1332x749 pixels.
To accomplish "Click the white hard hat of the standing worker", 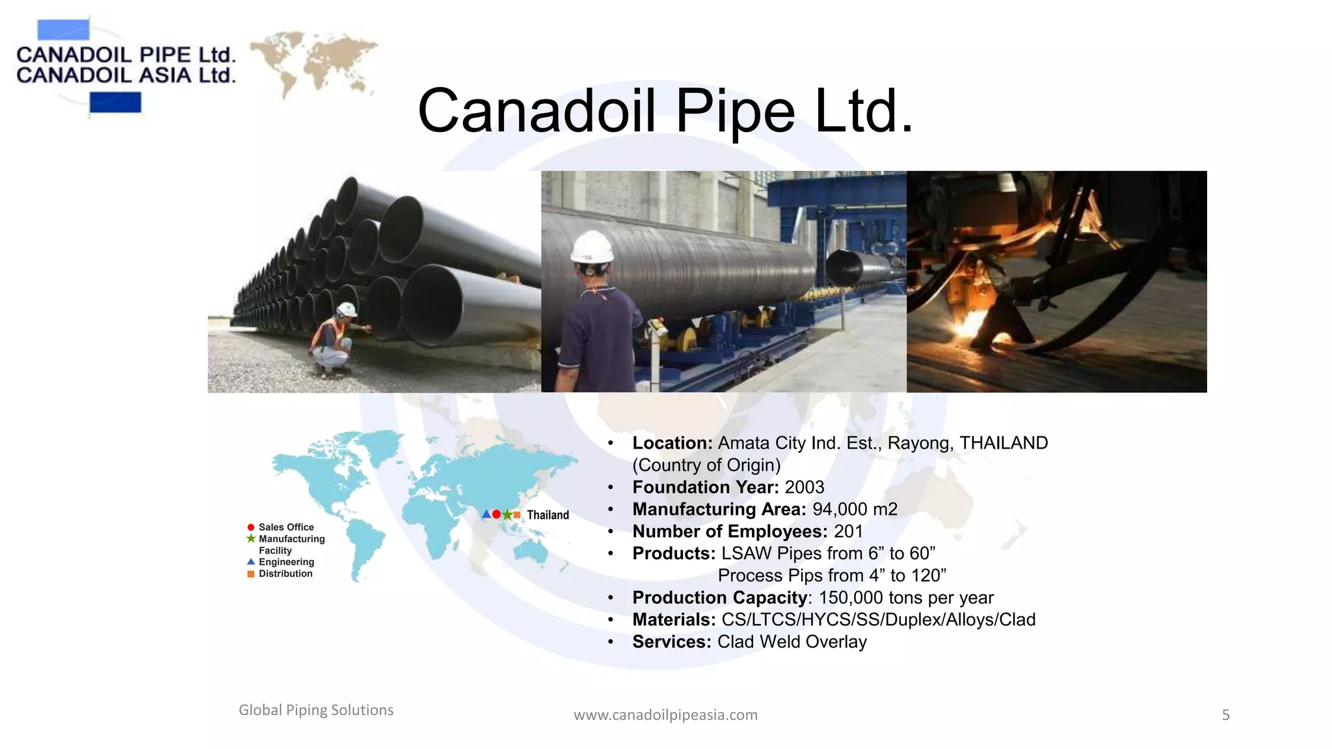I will pos(592,248).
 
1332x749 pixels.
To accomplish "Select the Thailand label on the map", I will pos(548,515).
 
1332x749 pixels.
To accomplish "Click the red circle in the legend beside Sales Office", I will pos(251,527).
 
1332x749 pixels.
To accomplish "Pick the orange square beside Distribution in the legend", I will pos(251,574).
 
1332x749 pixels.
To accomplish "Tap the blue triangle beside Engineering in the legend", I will pos(251,562).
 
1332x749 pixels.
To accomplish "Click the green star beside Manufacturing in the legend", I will pos(251,539).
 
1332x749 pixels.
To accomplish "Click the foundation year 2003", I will pos(805,487).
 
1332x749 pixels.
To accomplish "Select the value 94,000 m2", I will pos(855,509).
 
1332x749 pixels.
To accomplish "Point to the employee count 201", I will pos(848,531).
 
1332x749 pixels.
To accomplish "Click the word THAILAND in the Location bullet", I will pos(1004,443).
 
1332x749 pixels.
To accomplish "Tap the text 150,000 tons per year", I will pos(906,598).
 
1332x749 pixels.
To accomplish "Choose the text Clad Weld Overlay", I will pos(792,642).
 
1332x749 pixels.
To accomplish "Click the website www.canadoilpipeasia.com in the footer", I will pos(665,715).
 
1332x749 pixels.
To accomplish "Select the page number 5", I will pos(1225,715).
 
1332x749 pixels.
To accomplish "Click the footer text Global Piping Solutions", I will pos(316,710).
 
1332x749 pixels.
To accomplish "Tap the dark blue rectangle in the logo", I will pos(115,103).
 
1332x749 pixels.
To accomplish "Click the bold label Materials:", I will pos(674,620).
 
